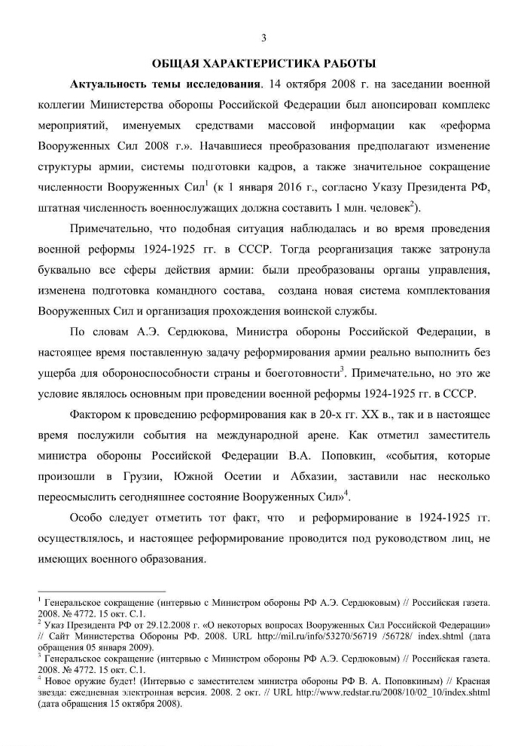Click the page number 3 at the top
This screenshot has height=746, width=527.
click(263, 38)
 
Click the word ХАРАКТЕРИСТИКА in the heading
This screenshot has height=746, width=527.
click(265, 60)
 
